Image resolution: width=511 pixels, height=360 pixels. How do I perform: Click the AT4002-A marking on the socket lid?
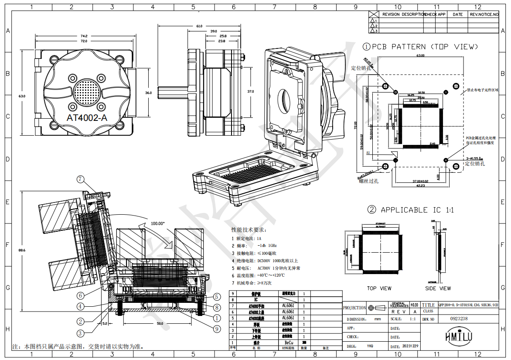pos(87,118)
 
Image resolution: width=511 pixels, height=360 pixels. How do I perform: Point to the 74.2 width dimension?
pos(84,36)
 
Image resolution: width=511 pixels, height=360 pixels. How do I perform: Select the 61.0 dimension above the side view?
pos(199,26)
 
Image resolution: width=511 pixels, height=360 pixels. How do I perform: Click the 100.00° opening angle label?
pos(157,223)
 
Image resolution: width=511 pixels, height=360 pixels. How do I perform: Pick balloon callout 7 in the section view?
pos(80,179)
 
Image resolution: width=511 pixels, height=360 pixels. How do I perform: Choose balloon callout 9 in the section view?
pos(217,329)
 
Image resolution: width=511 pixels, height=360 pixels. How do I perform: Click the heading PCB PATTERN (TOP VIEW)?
pos(420,47)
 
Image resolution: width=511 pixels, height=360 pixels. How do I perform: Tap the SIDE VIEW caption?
pos(438,288)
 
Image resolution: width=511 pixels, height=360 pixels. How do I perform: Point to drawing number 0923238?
pos(459,319)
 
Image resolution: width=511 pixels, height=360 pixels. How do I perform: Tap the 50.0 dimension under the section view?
pos(160,323)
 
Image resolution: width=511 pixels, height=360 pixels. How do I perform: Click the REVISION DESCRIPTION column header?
pos(403,14)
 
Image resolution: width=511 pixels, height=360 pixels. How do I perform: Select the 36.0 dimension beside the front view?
pos(148,93)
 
